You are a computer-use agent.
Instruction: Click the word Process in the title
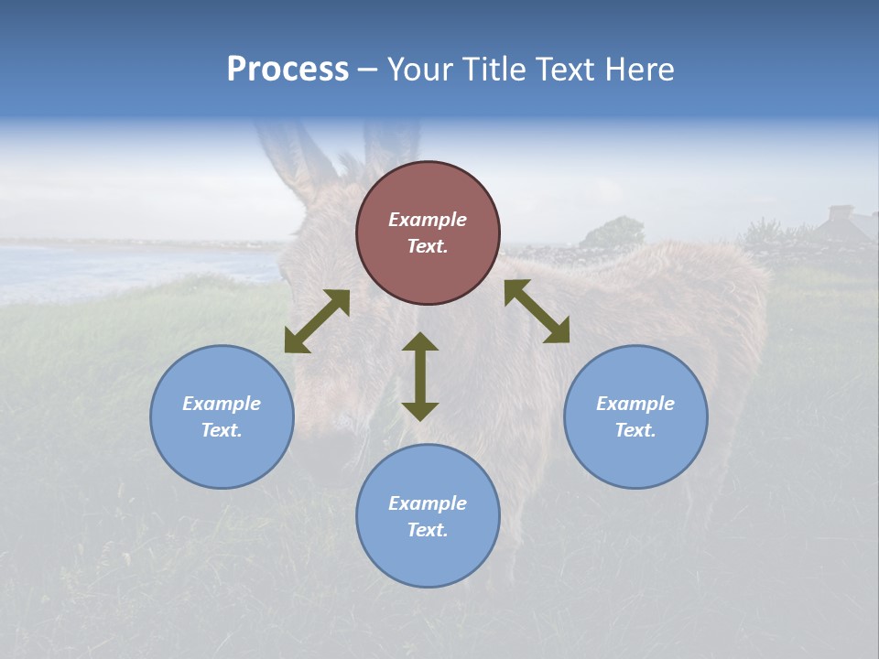click(288, 70)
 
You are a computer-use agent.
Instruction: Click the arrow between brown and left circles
click(317, 321)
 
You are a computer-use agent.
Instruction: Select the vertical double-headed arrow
click(420, 376)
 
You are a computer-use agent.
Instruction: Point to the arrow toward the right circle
click(537, 311)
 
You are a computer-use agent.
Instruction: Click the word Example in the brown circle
click(428, 220)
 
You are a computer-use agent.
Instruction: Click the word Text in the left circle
click(222, 430)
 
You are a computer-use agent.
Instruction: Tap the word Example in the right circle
click(635, 404)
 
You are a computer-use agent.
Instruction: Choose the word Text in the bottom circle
click(428, 530)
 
